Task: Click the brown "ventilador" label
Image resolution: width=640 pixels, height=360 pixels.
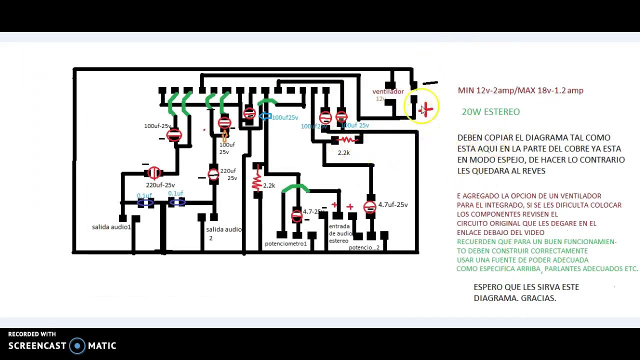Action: [387, 91]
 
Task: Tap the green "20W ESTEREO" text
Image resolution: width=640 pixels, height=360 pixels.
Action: [490, 112]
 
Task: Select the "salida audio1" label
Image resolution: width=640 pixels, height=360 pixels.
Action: [111, 227]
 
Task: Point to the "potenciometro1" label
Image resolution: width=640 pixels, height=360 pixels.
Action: [285, 244]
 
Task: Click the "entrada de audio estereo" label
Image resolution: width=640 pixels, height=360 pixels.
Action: [340, 233]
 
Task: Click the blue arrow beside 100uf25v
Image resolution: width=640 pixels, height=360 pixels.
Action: [265, 116]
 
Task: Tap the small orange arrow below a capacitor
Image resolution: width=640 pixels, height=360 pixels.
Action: [224, 135]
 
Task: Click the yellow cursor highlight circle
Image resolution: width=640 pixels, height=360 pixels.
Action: [423, 106]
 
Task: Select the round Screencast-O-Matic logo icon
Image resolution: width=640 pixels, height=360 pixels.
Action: [77, 345]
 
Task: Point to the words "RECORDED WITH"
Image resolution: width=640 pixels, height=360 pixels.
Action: [32, 334]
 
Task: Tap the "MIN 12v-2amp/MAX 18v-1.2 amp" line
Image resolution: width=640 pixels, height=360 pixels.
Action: [520, 90]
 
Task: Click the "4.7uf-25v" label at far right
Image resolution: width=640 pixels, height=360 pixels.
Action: [392, 204]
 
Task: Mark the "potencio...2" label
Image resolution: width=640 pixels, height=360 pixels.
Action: [364, 247]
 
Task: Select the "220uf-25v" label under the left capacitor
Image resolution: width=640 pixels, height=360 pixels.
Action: [160, 185]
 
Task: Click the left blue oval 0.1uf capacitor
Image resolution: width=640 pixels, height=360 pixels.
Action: [145, 202]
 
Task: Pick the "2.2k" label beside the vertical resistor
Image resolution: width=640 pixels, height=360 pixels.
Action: [269, 185]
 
